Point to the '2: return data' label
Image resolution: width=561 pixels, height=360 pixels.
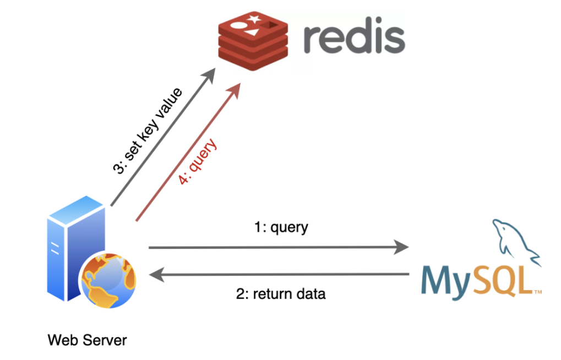(281, 293)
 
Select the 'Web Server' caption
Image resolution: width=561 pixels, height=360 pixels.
(87, 340)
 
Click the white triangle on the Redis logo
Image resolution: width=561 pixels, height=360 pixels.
(251, 32)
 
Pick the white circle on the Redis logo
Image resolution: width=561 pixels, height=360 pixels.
(238, 25)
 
